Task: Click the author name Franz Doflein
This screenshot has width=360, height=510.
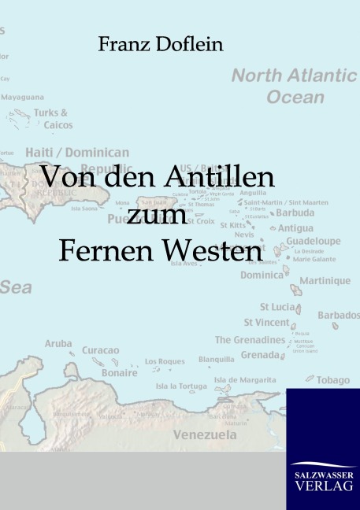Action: click(160, 45)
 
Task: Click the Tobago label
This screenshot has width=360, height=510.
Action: click(333, 380)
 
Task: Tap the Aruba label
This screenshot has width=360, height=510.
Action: click(58, 344)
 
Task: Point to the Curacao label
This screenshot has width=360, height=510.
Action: click(101, 349)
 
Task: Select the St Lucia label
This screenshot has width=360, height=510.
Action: click(278, 306)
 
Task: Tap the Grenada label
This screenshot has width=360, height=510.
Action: click(259, 355)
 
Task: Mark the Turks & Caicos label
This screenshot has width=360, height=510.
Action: click(54, 119)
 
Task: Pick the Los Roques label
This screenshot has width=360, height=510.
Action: click(165, 362)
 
